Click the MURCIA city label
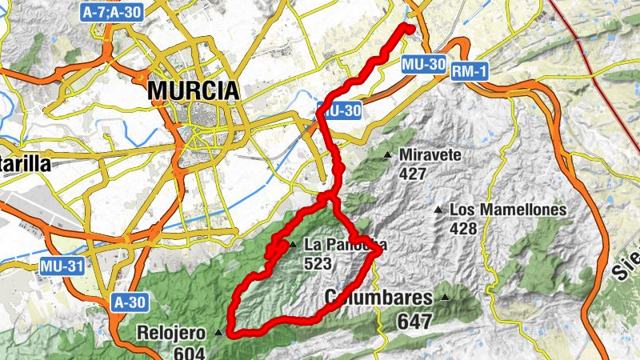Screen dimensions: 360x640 (x=194, y=90)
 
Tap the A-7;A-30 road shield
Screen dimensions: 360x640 (x=111, y=11)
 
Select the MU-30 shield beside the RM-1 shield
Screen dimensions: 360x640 (x=423, y=64)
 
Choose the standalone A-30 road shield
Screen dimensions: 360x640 (x=129, y=302)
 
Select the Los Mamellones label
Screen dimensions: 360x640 (x=508, y=210)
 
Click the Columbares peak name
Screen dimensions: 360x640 (x=379, y=298)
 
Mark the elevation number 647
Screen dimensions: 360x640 (x=414, y=322)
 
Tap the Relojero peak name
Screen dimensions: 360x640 (x=174, y=332)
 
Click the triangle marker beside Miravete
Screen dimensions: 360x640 (x=388, y=154)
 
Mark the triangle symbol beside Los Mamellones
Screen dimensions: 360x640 (x=438, y=210)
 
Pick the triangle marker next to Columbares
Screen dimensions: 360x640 (x=445, y=298)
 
